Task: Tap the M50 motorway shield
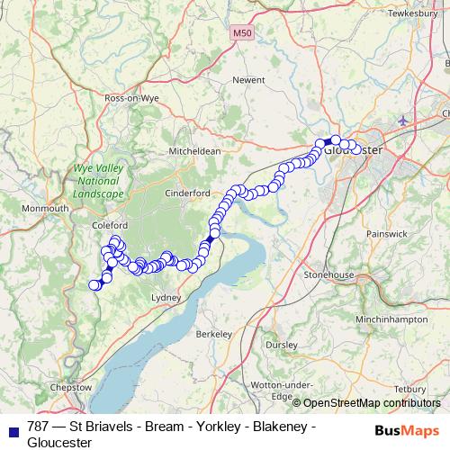pos(237,33)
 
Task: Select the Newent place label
pos(248,79)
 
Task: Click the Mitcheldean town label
pos(189,151)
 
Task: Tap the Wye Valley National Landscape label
pos(98,180)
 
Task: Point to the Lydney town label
pos(167,297)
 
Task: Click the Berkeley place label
pos(214,334)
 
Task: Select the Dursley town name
pos(281,344)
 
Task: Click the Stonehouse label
pos(330,274)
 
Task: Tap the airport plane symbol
pos(401,120)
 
